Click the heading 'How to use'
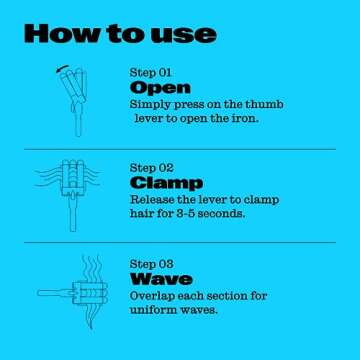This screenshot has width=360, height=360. (119, 32)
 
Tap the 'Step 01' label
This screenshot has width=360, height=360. (151, 73)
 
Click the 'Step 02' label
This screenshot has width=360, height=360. (152, 168)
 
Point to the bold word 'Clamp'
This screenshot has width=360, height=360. (166, 184)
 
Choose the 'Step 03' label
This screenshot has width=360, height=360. (152, 263)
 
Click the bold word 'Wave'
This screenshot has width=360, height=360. (161, 279)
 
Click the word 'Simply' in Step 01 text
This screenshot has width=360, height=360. (152, 105)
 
